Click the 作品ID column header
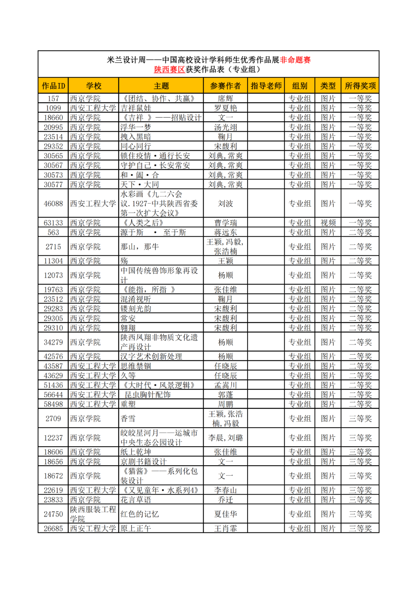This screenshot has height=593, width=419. pyautogui.click(x=54, y=86)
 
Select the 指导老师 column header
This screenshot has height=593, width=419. pyautogui.click(x=266, y=86)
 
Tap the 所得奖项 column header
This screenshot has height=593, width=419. pyautogui.click(x=360, y=86)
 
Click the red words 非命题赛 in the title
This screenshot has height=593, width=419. pyautogui.click(x=295, y=60)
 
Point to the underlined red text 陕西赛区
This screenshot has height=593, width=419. pyautogui.click(x=170, y=70)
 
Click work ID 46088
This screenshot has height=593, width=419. pyautogui.click(x=54, y=203)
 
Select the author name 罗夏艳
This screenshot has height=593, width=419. pyautogui.click(x=225, y=108)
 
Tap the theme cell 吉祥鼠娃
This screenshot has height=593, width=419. pyautogui.click(x=136, y=108)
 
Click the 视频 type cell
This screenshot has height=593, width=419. pyautogui.click(x=328, y=223)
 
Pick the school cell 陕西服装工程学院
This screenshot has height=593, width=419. pyautogui.click(x=93, y=514)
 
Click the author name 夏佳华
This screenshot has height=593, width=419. pyautogui.click(x=225, y=514)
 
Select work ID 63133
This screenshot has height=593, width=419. pyautogui.click(x=54, y=223)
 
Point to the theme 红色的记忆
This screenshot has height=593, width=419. pyautogui.click(x=140, y=514)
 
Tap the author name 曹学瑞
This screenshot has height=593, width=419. pyautogui.click(x=225, y=223)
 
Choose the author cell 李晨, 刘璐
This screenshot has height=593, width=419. pyautogui.click(x=225, y=438)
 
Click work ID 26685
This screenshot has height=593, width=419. pyautogui.click(x=54, y=529)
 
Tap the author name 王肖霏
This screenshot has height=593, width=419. pyautogui.click(x=225, y=529)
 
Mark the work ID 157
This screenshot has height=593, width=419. pyautogui.click(x=54, y=99)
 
